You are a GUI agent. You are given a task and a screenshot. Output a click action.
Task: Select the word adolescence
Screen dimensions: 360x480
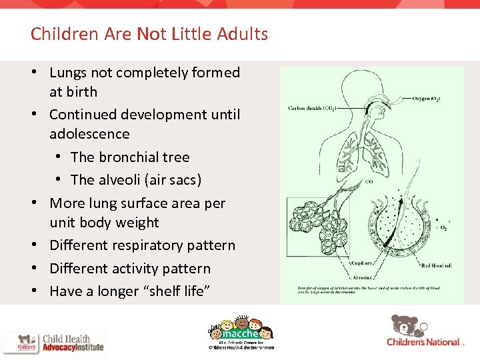[x=89, y=134]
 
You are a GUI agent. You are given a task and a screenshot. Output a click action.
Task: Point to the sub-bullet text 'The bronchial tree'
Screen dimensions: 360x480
[x=130, y=157]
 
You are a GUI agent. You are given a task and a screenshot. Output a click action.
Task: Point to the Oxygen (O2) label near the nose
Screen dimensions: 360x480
[x=424, y=99]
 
